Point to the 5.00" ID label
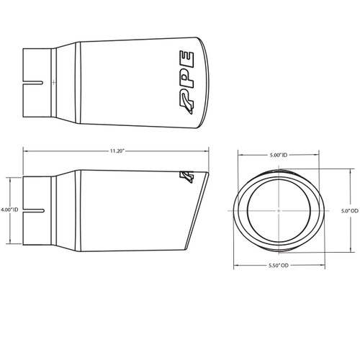[x=278, y=155]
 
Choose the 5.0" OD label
[x=345, y=211]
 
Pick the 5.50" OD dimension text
[x=278, y=266]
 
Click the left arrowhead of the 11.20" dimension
[x=26, y=150]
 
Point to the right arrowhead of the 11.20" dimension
[x=210, y=150]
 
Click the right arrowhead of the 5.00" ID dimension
[x=318, y=155]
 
